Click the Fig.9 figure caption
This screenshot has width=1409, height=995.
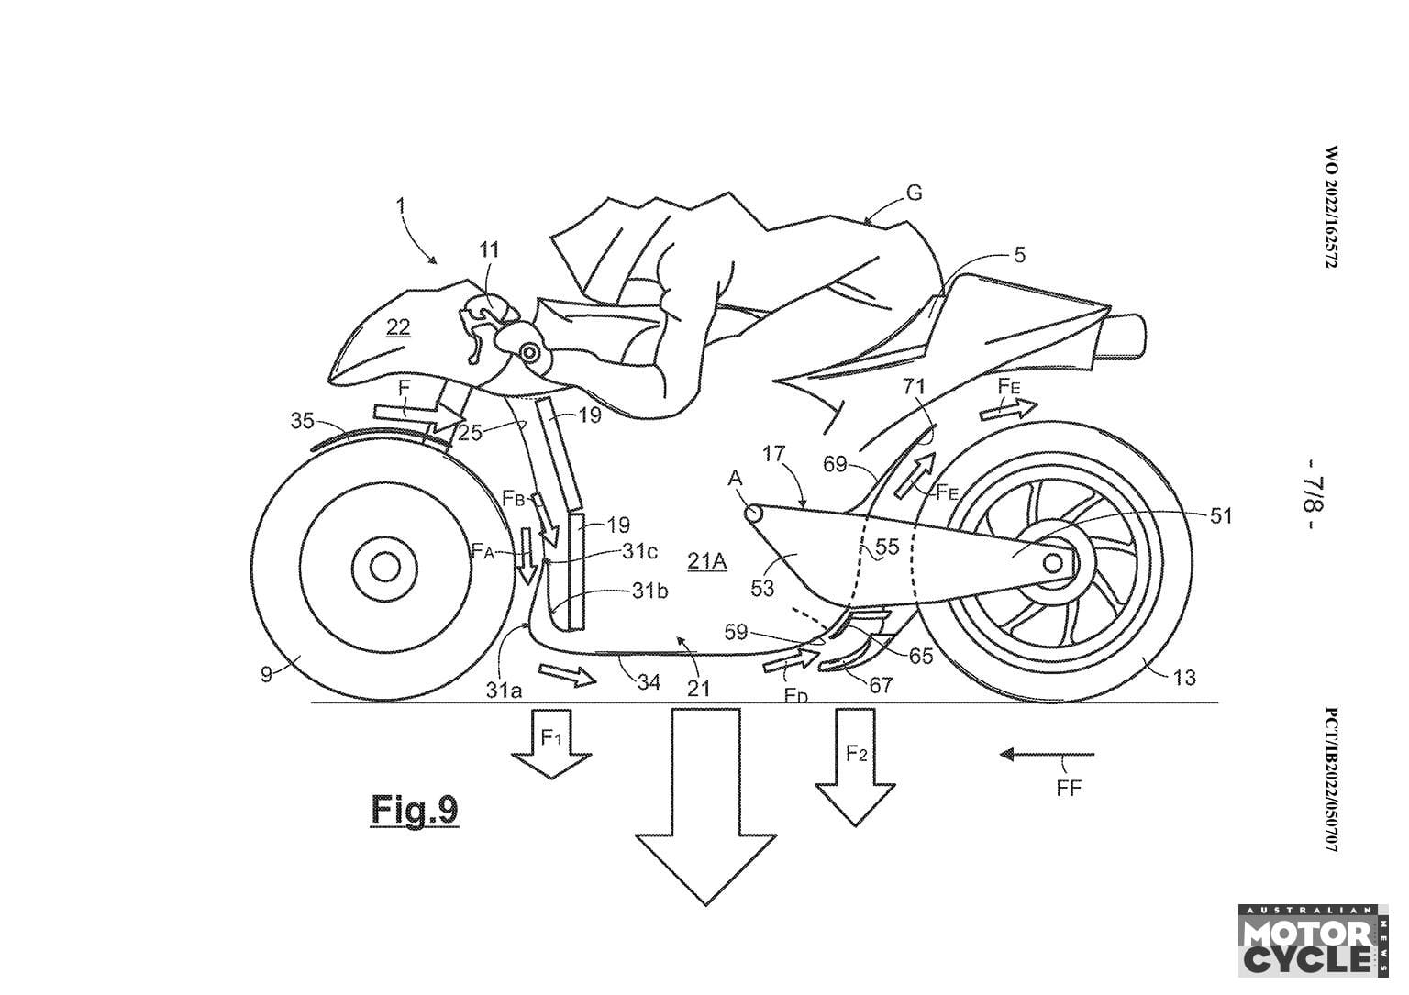click(x=414, y=810)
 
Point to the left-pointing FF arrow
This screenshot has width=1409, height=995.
click(x=1047, y=755)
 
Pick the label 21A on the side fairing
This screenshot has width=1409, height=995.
click(x=707, y=560)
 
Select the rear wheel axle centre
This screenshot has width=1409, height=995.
click(x=1051, y=560)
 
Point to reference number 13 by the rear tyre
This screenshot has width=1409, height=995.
click(x=1183, y=678)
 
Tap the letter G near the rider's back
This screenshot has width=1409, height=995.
click(x=913, y=193)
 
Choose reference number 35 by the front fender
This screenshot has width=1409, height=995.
click(x=302, y=422)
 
